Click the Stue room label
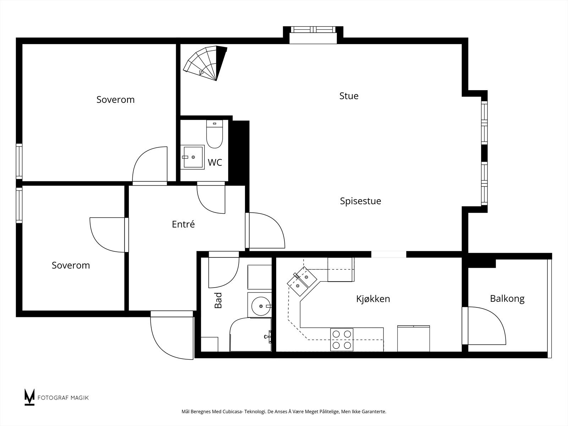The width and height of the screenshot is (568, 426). click(349, 96)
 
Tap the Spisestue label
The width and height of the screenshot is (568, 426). click(360, 201)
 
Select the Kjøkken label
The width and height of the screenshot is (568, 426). click(373, 299)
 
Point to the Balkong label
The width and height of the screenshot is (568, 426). click(507, 299)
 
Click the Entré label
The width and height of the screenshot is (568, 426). click(183, 224)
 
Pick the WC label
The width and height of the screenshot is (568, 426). click(215, 163)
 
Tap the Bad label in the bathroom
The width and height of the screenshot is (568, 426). click(218, 300)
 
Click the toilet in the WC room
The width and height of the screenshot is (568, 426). click(214, 134)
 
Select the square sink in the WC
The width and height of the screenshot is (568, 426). click(192, 157)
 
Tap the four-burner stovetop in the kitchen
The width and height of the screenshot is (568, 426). click(342, 340)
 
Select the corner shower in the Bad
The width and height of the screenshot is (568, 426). click(251, 334)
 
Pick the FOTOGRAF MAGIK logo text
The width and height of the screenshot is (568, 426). click(63, 398)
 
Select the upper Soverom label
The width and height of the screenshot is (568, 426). click(115, 100)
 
